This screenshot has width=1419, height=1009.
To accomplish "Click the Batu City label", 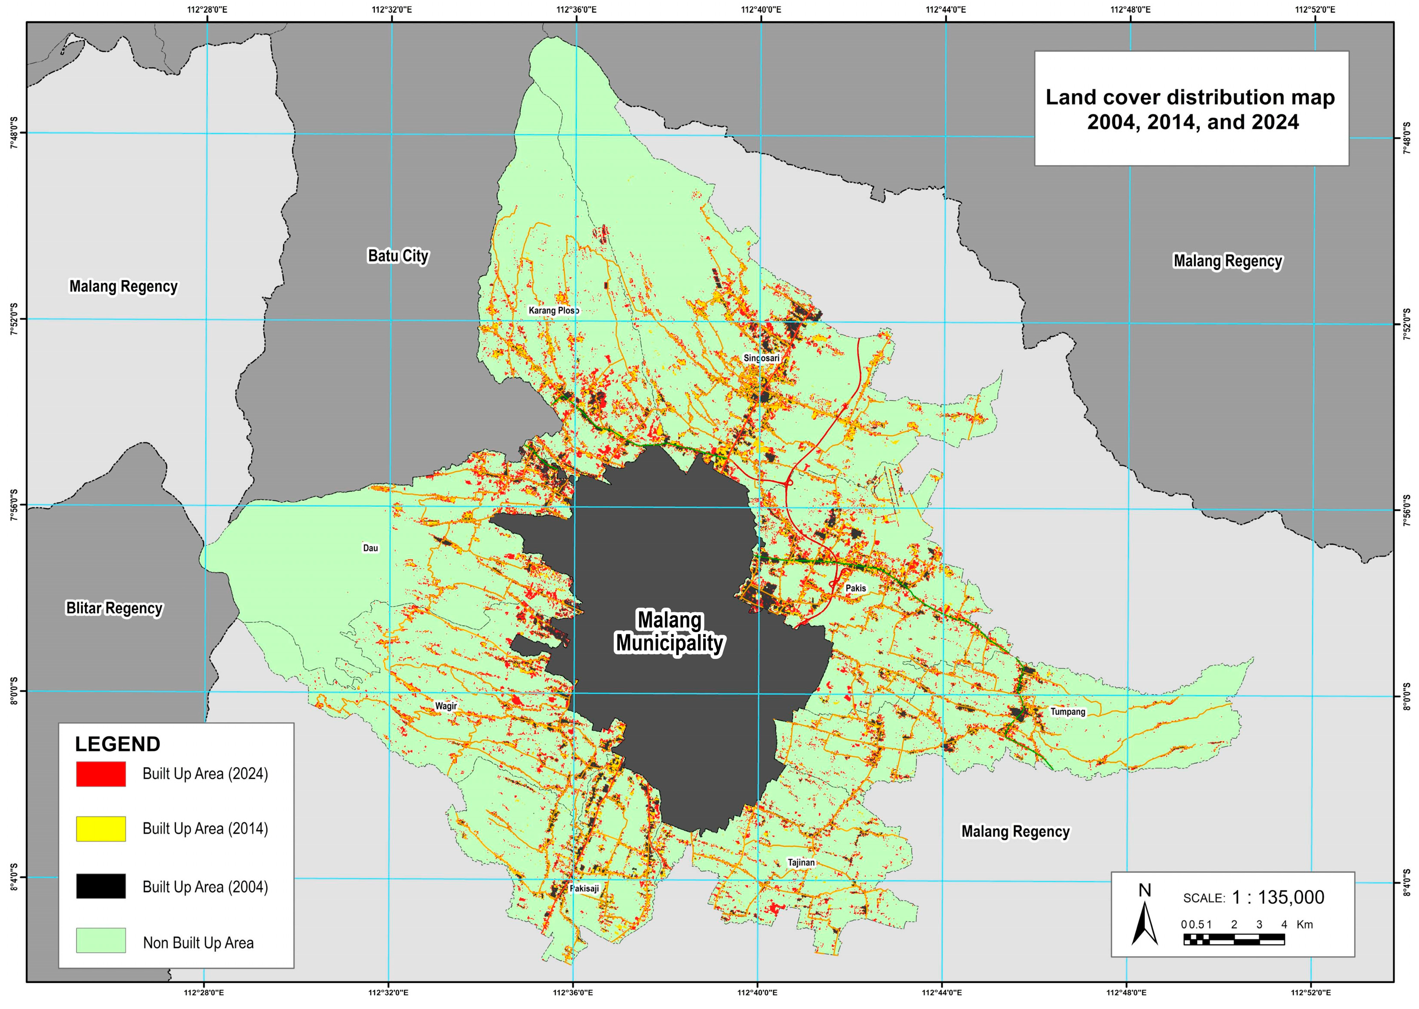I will coord(398,256).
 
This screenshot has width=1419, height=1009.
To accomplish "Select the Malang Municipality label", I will coord(670,631).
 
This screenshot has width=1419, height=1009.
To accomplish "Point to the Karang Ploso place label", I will coord(553,310).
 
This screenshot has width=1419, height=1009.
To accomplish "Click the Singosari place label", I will coord(761,358).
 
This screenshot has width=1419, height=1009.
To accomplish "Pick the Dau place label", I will coord(370,548).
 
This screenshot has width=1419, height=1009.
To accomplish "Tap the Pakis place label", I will coord(856,588).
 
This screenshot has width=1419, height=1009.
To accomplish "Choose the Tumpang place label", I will coord(1067,712).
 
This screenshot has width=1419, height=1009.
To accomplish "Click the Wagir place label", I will coord(446,706).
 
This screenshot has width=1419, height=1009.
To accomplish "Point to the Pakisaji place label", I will coord(585,889).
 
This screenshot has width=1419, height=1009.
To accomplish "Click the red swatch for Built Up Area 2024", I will coord(101,774).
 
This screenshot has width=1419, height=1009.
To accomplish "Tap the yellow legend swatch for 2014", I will coord(101,829).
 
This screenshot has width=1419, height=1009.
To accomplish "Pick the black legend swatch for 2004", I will coord(101,886).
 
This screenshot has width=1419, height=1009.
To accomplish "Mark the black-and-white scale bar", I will coord(1234,939).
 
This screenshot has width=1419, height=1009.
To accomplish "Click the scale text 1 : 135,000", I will coord(1278,897).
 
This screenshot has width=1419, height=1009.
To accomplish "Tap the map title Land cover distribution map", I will coord(1190,98).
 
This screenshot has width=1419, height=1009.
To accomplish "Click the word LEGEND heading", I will coord(117,744).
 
